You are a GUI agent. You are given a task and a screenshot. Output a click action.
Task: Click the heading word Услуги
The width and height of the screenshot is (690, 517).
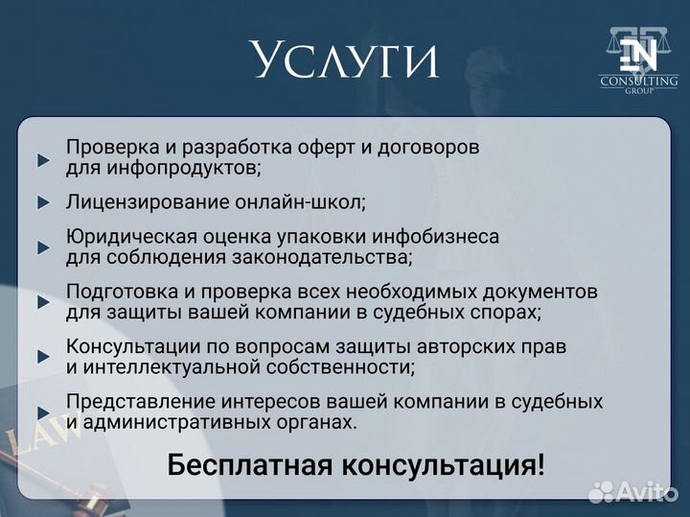[x=346, y=60]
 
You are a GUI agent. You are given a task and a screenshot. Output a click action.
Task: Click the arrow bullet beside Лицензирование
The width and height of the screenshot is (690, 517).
[x=43, y=202]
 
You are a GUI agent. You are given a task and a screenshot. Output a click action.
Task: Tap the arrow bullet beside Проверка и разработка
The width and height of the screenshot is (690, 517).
[x=43, y=159]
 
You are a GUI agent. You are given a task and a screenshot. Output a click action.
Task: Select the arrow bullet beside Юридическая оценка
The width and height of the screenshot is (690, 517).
[x=43, y=247]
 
